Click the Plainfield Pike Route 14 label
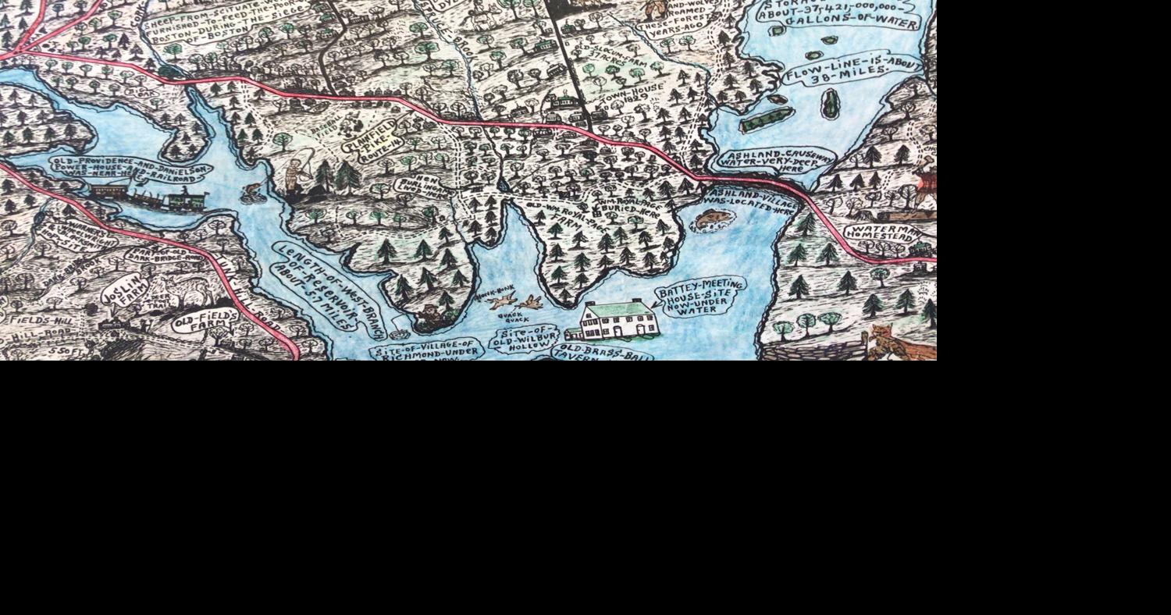[x=373, y=138]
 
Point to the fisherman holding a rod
[x=296, y=176]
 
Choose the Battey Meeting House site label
[x=699, y=297]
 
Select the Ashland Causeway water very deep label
[x=778, y=160]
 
